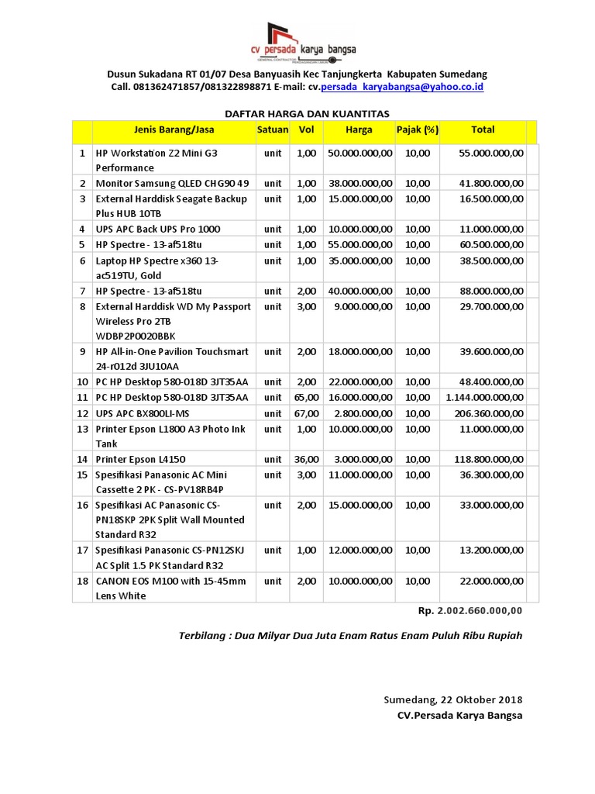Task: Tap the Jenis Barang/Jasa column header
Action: tap(174, 129)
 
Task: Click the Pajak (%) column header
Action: tap(417, 129)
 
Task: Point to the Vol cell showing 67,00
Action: tap(306, 413)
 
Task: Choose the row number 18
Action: tap(81, 581)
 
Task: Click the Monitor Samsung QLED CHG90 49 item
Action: tap(172, 183)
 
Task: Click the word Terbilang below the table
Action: tap(203, 636)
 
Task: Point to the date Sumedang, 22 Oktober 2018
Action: tap(453, 699)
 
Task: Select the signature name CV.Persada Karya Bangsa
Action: tap(459, 715)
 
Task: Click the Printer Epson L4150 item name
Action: tap(139, 459)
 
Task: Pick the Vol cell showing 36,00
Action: tap(306, 459)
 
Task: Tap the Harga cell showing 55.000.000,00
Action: tap(360, 245)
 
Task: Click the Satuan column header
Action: tap(273, 129)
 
